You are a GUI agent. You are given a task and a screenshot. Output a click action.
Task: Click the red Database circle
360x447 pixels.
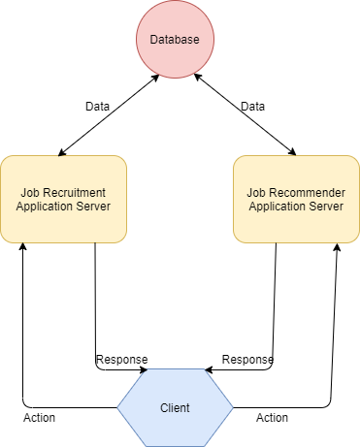pyautogui.click(x=174, y=40)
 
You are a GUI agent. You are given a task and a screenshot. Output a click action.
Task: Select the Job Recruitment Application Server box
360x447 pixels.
pyautogui.click(x=63, y=199)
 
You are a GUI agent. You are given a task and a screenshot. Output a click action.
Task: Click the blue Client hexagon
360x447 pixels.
pyautogui.click(x=175, y=408)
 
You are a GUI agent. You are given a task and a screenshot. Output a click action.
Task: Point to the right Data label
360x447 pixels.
pyautogui.click(x=252, y=105)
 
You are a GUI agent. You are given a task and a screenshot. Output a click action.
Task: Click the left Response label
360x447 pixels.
pyautogui.click(x=120, y=360)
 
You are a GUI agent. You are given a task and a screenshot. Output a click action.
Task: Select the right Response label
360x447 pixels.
pyautogui.click(x=247, y=360)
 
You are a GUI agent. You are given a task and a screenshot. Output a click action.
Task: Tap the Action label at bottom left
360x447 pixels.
pyautogui.click(x=39, y=418)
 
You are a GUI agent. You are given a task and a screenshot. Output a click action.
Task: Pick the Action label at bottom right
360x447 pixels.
pyautogui.click(x=273, y=418)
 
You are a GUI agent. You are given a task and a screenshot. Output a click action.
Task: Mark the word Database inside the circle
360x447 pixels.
pyautogui.click(x=174, y=40)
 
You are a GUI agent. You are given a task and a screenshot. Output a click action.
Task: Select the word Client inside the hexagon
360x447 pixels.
pyautogui.click(x=175, y=408)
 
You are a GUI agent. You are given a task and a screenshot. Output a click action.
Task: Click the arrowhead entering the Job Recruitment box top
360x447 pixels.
pyautogui.click(x=61, y=151)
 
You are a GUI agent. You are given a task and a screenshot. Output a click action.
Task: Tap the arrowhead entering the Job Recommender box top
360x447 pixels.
pyautogui.click(x=292, y=151)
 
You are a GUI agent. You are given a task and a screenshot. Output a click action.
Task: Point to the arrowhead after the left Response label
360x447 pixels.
pyautogui.click(x=144, y=369)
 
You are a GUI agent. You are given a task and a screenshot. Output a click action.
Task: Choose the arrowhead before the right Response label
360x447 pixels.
pyautogui.click(x=209, y=369)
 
